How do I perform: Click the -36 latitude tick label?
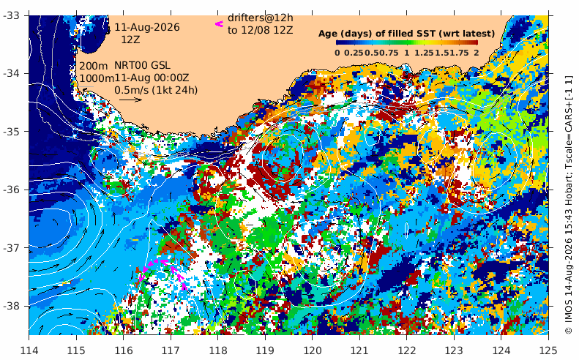click(12, 190)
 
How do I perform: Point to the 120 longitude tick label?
click(312, 350)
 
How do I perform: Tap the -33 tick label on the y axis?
click(12, 15)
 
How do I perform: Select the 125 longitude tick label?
click(548, 350)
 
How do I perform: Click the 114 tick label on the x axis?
click(29, 350)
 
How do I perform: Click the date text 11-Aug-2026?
click(147, 28)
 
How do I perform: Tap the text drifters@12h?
click(261, 18)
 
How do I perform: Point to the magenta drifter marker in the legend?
click(220, 24)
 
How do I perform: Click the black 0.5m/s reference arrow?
click(130, 100)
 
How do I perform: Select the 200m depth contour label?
click(94, 66)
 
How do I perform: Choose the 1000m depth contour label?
click(97, 78)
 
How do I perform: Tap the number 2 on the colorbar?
click(477, 53)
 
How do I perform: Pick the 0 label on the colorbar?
click(337, 53)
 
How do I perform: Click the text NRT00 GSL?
click(142, 65)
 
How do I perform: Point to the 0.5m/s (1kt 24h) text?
click(156, 90)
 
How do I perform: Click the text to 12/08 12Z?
click(261, 30)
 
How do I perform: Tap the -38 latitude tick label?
click(12, 306)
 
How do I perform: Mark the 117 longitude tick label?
click(171, 350)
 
